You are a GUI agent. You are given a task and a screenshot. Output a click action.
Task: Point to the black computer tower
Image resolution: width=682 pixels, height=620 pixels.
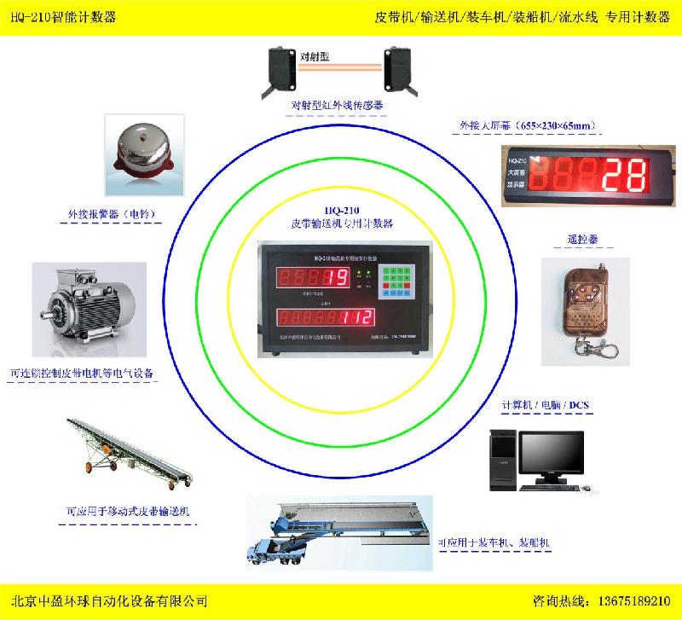coord(504,460)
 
